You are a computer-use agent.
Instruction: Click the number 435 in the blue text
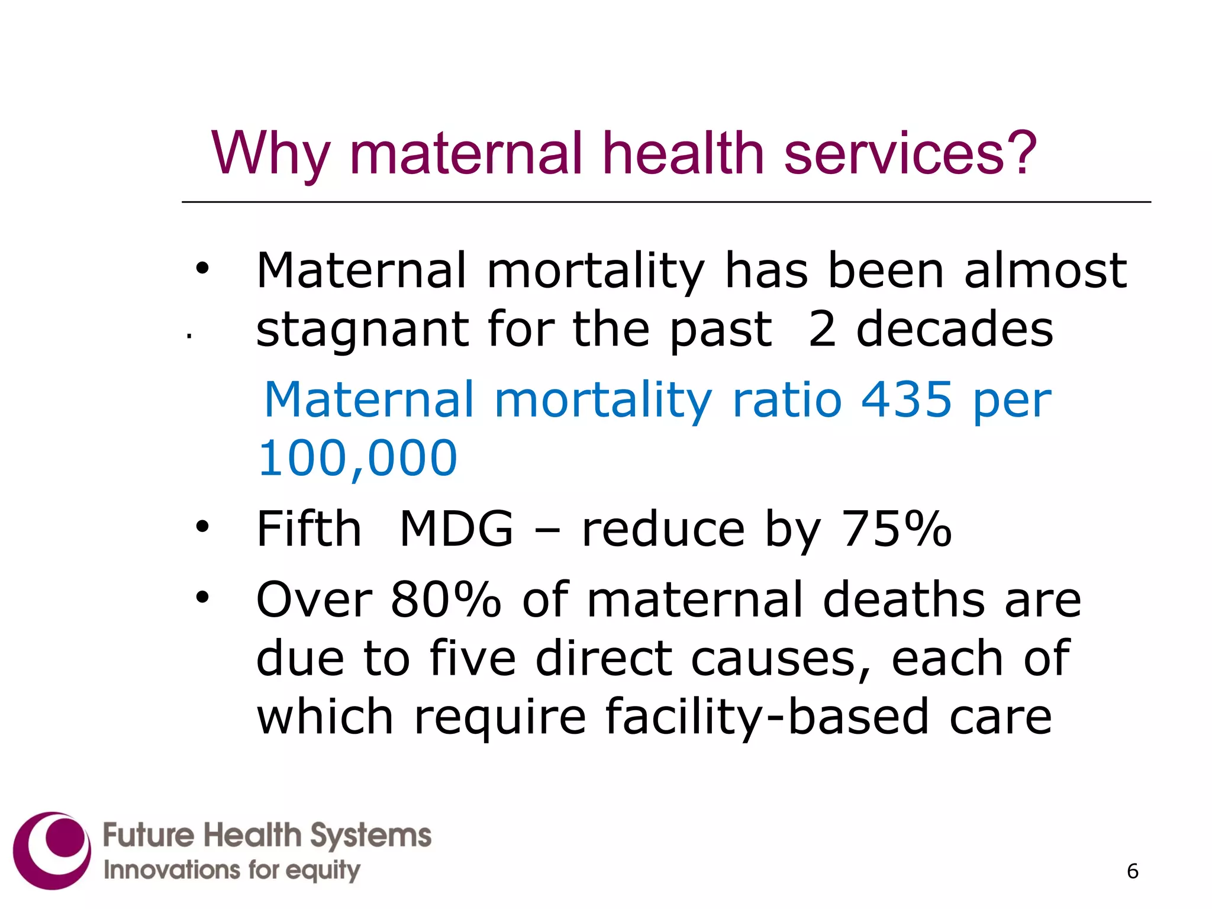coord(907,399)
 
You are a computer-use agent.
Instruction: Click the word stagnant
coord(362,330)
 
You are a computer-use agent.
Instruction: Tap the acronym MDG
coord(456,528)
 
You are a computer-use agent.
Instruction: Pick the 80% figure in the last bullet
coord(446,599)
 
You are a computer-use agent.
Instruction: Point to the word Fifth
coord(308,528)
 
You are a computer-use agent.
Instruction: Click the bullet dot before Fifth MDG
coord(203,526)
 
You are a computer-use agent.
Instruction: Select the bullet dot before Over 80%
coord(203,597)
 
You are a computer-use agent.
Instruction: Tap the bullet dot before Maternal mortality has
coord(203,268)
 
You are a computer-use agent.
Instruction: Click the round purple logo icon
coord(52,850)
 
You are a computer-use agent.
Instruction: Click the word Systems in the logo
coord(371,836)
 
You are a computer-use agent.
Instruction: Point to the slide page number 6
coord(1133,871)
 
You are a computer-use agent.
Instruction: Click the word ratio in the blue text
coord(786,399)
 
